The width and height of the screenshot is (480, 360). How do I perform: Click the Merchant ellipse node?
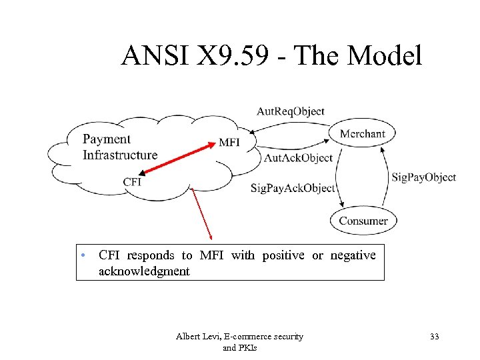coord(362,133)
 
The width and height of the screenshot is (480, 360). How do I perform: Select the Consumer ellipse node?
coord(363,221)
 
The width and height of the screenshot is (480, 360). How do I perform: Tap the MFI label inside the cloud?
coord(229,143)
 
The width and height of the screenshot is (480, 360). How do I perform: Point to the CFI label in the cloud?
coord(132,182)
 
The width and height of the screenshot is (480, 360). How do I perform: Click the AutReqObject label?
coord(290,111)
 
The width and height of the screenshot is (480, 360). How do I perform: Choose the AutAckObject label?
coord(298,158)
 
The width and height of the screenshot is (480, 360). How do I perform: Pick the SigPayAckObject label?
coord(292,188)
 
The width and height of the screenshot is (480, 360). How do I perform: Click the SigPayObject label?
coord(423,177)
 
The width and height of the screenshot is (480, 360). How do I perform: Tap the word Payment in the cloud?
coord(107,139)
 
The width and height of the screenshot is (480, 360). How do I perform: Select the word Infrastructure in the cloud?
coord(120,155)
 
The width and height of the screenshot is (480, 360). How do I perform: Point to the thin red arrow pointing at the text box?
coord(201,213)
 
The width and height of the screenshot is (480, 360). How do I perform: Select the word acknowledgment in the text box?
coord(144,271)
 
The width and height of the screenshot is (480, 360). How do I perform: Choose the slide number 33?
coord(434,337)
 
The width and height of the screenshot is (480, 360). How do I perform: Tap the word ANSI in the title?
coord(151,56)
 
